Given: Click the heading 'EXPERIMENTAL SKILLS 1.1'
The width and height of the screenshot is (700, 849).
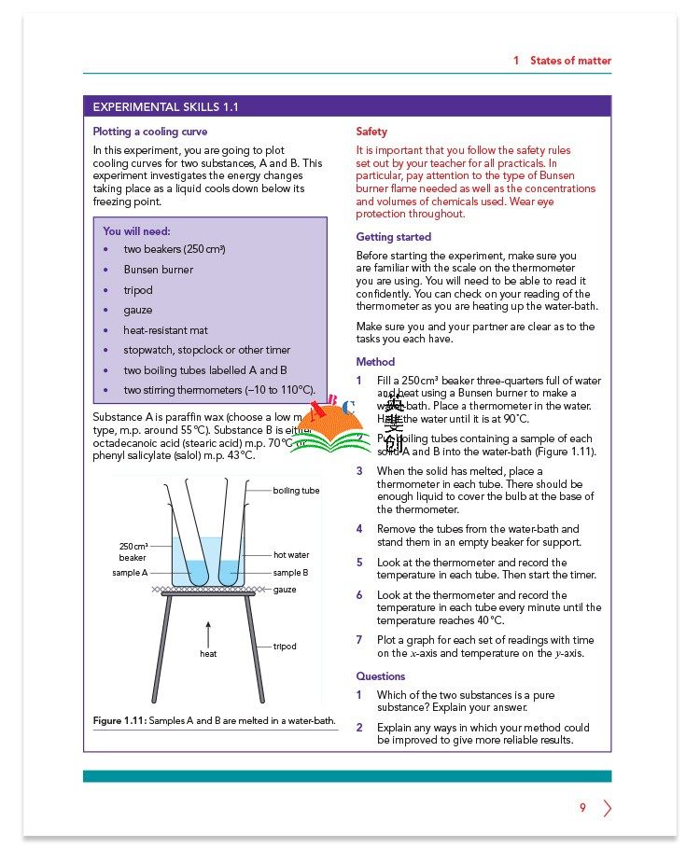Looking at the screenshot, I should point(161,107).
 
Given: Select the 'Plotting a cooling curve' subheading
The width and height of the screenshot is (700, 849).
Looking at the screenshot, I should point(150,132).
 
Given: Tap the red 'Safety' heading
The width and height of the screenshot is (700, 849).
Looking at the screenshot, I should point(371,132).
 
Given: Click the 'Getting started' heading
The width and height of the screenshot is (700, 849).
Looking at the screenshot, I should point(393,237).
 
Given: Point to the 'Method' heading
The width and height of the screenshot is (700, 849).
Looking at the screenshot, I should point(375,362).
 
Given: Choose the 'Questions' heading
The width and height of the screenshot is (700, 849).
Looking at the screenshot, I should point(381,676).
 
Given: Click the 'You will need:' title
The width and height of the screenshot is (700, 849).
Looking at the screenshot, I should point(136,231).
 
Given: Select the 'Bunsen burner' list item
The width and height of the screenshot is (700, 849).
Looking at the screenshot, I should point(158,270).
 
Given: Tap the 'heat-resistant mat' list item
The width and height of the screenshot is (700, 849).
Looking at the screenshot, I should point(165,330).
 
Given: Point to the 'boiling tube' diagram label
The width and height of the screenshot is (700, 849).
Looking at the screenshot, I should point(296,491).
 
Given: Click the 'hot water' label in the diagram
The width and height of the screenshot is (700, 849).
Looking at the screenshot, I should point(291,555).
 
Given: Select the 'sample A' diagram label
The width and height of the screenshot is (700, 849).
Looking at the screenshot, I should point(131,573).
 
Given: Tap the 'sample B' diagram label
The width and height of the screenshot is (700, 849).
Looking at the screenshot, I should point(290,573).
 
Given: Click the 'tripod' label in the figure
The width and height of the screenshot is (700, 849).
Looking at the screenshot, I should point(285,647).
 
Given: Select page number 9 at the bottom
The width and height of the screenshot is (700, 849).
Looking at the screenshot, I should point(582,808).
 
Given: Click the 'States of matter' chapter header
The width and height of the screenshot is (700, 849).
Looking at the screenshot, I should point(570,61).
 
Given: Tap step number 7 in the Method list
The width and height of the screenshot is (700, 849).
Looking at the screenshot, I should point(359,640).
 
